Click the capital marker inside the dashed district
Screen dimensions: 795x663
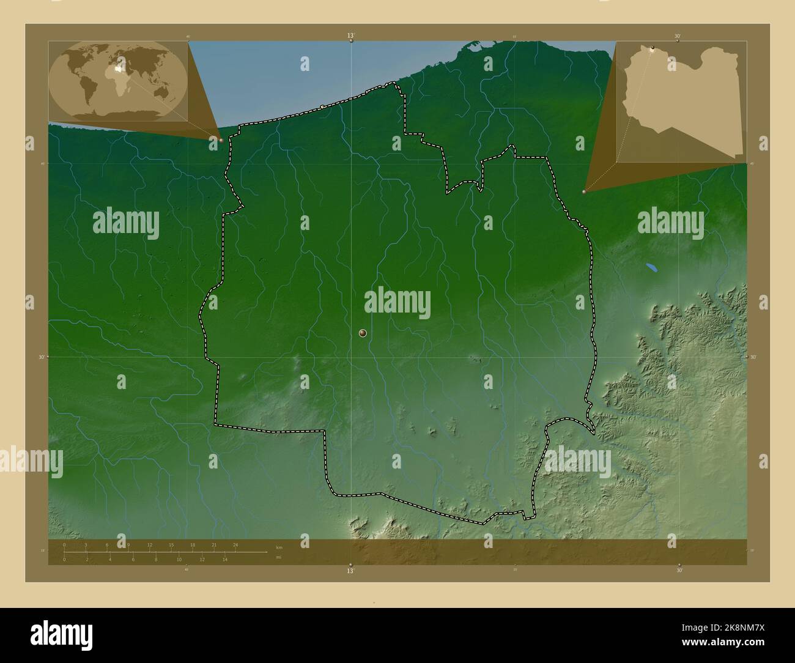(363, 333)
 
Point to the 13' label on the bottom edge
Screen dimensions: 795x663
(350, 571)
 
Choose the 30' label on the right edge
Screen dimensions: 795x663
(753, 357)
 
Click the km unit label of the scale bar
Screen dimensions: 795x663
(279, 547)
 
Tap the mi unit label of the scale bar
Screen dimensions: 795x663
(279, 557)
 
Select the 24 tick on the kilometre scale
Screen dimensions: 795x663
(235, 544)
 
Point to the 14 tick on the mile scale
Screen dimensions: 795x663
(225, 559)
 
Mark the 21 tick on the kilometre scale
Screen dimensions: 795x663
(213, 544)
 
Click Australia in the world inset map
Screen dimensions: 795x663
(163, 92)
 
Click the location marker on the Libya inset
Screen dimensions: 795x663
(653, 49)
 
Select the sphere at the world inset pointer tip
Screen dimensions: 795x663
(221, 140)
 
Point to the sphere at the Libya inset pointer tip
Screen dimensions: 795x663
(585, 191)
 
